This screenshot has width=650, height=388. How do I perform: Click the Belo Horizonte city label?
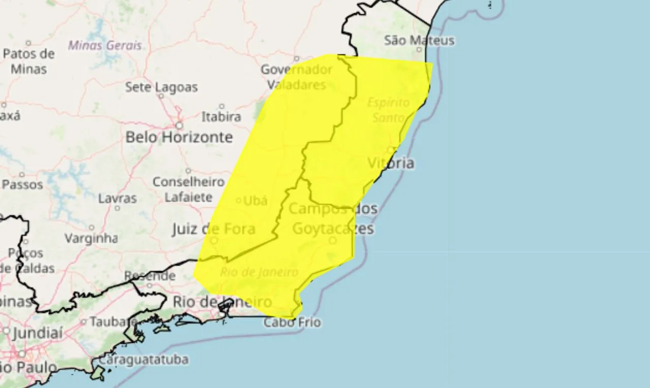tap(179, 137)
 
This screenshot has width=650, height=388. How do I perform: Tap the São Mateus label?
tap(419, 40)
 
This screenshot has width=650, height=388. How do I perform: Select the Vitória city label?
tap(391, 163)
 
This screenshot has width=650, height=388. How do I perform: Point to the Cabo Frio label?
tap(292, 322)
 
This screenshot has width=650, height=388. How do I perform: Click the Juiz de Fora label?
tap(213, 229)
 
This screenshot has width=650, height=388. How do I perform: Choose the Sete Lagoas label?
tap(161, 87)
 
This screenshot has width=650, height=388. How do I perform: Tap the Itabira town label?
tap(221, 117)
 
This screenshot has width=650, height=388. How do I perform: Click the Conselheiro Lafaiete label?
tap(188, 189)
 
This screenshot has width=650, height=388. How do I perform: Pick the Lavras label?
tap(117, 198)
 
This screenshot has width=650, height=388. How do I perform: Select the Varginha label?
tap(91, 238)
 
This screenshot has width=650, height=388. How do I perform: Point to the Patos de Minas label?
tap(29, 61)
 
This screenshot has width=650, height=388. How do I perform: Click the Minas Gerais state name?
tap(105, 45)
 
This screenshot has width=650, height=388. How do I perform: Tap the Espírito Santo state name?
tap(388, 110)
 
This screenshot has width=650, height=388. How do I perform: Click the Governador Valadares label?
tap(296, 77)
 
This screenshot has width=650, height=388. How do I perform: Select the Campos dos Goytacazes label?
tap(333, 218)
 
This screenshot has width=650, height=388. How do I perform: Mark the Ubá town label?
tap(255, 201)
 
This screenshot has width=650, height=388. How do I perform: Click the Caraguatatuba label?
tap(143, 360)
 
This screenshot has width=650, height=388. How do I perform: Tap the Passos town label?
tap(22, 184)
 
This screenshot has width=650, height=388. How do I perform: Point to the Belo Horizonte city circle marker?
tap(179, 125)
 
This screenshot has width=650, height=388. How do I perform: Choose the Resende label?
tap(150, 276)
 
